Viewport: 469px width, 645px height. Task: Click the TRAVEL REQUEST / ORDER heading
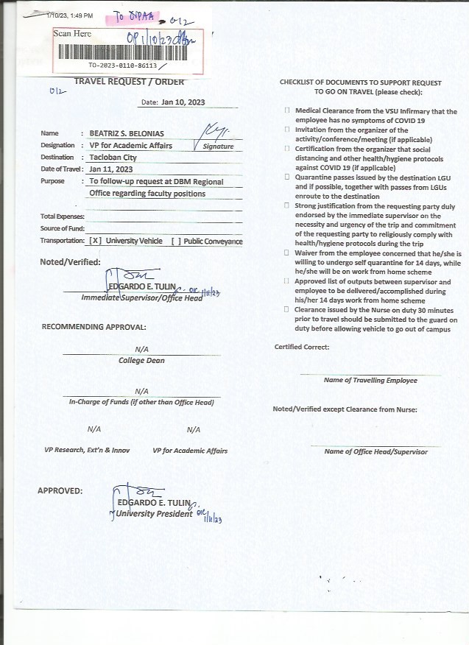(x=129, y=82)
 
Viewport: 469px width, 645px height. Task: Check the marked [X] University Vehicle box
(x=95, y=242)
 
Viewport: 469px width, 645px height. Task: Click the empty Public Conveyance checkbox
(x=176, y=242)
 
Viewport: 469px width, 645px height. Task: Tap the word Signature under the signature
(x=219, y=147)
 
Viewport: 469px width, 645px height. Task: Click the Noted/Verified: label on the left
(x=70, y=262)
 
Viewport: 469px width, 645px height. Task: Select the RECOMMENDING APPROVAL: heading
(x=94, y=326)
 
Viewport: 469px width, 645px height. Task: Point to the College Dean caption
(x=141, y=361)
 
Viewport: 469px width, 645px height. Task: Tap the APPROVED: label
(x=60, y=490)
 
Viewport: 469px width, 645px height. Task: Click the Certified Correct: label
(x=302, y=347)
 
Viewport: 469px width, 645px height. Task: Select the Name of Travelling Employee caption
(x=370, y=381)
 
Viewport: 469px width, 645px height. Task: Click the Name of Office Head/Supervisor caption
(x=375, y=452)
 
